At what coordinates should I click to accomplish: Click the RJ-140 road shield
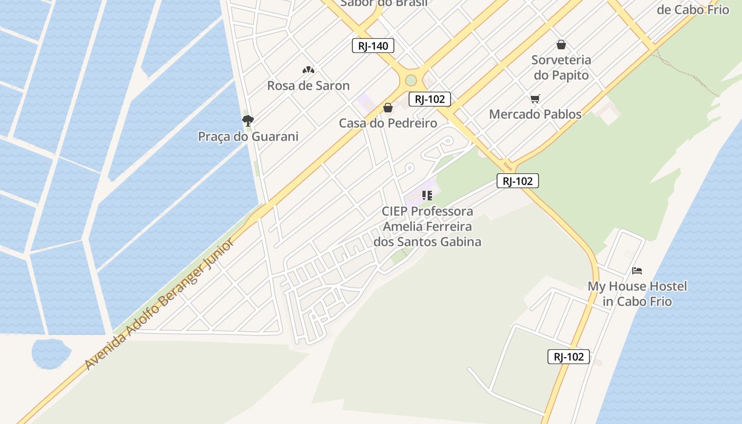click(373, 46)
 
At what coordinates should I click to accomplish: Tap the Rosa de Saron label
click(308, 85)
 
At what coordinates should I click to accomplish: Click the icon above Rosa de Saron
click(308, 69)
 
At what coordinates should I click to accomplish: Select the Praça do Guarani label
click(248, 136)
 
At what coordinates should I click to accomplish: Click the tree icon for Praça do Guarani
click(248, 120)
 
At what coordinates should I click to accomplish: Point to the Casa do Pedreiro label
click(388, 123)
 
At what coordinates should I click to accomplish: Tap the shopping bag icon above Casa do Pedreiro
click(388, 108)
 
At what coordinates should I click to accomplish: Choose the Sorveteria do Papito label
click(561, 67)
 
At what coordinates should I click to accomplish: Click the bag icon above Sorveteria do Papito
click(561, 45)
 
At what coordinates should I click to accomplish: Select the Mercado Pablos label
click(535, 114)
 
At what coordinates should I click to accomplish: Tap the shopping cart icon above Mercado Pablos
click(535, 99)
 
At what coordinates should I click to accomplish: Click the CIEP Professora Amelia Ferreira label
click(427, 226)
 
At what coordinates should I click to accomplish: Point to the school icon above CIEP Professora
click(427, 196)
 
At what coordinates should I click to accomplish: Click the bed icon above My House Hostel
click(637, 271)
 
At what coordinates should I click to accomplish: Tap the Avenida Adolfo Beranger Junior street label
click(159, 305)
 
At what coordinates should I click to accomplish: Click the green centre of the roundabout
click(411, 81)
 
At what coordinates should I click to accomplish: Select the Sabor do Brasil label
click(384, 3)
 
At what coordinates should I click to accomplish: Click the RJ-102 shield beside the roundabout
click(429, 99)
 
